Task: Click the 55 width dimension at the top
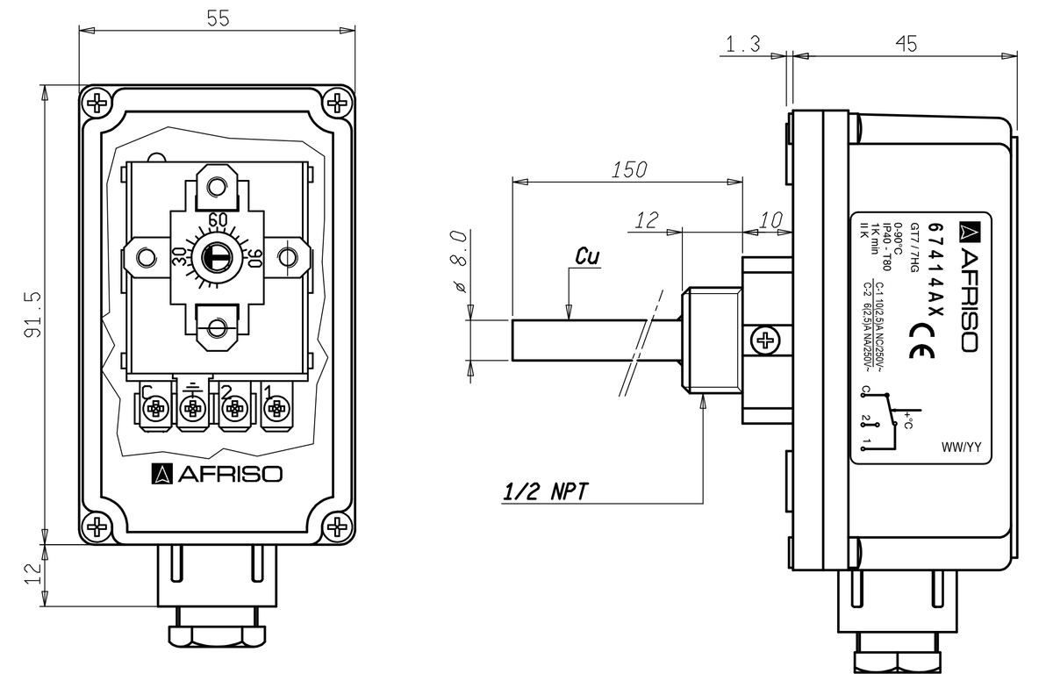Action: click(x=217, y=18)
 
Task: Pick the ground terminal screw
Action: click(x=193, y=409)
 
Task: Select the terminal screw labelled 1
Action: click(x=276, y=409)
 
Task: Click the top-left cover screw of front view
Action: click(x=98, y=104)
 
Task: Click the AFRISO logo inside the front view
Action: click(x=217, y=475)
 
